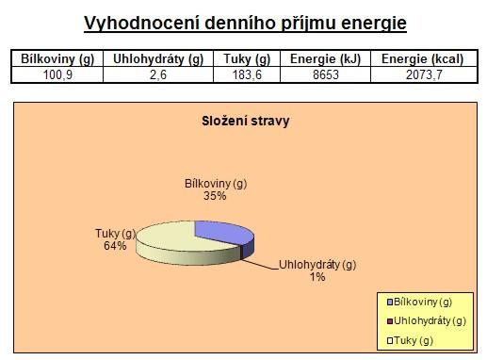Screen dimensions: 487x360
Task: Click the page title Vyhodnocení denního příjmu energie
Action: point(245,24)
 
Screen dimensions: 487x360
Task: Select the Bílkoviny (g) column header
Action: point(57,58)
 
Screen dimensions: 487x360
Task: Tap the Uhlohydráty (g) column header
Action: point(158,58)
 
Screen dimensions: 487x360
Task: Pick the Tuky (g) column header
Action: point(247,58)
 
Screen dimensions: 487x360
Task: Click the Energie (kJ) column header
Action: point(325,58)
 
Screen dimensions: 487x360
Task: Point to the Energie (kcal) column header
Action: point(423,58)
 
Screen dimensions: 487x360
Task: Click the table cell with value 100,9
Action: point(57,75)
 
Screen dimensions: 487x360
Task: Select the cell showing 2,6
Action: point(158,75)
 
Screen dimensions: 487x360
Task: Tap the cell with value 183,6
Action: point(247,75)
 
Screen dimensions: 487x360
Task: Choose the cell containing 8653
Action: point(326,75)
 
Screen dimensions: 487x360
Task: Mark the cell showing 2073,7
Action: point(424,75)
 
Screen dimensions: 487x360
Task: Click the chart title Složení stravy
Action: point(246,121)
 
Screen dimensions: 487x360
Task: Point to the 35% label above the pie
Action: point(215,196)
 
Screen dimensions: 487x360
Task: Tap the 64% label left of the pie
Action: point(115,246)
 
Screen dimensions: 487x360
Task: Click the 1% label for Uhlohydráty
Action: point(317,277)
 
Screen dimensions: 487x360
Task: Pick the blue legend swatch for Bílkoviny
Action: point(390,303)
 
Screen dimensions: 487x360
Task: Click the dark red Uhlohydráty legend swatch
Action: point(390,321)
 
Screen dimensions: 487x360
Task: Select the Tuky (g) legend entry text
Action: point(414,340)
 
